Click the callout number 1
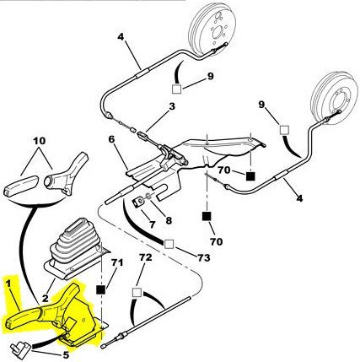click(9, 284)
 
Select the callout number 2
click(46, 298)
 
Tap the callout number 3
click(172, 106)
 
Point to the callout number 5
click(66, 354)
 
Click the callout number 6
click(112, 140)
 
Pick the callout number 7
click(153, 224)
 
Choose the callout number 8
click(169, 220)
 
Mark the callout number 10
click(39, 141)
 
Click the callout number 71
click(117, 263)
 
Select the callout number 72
click(146, 257)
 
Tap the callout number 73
click(203, 257)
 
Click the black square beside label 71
click(100, 289)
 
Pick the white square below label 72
click(137, 292)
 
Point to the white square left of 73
click(169, 245)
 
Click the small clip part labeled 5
click(19, 348)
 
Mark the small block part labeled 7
click(137, 203)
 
